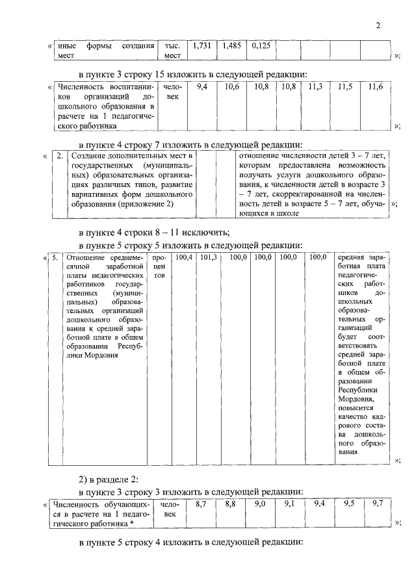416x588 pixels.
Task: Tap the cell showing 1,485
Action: [232, 46]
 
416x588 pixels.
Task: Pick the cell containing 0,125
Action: [262, 46]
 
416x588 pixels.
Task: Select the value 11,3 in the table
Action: [316, 86]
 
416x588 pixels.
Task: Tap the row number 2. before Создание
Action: [60, 157]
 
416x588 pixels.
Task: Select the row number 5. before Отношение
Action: [55, 258]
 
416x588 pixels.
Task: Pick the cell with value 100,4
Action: [185, 258]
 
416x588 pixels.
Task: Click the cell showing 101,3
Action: [208, 258]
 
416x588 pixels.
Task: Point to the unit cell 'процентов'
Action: [159, 267]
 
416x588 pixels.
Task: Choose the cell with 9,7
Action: [378, 504]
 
